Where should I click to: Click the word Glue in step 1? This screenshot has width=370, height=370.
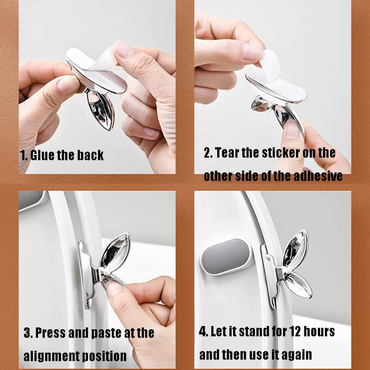43,155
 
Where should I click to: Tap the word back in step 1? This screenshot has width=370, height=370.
91,155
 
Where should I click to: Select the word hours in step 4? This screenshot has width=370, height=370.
318,331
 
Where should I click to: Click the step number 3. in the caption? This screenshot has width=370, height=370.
28,333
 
